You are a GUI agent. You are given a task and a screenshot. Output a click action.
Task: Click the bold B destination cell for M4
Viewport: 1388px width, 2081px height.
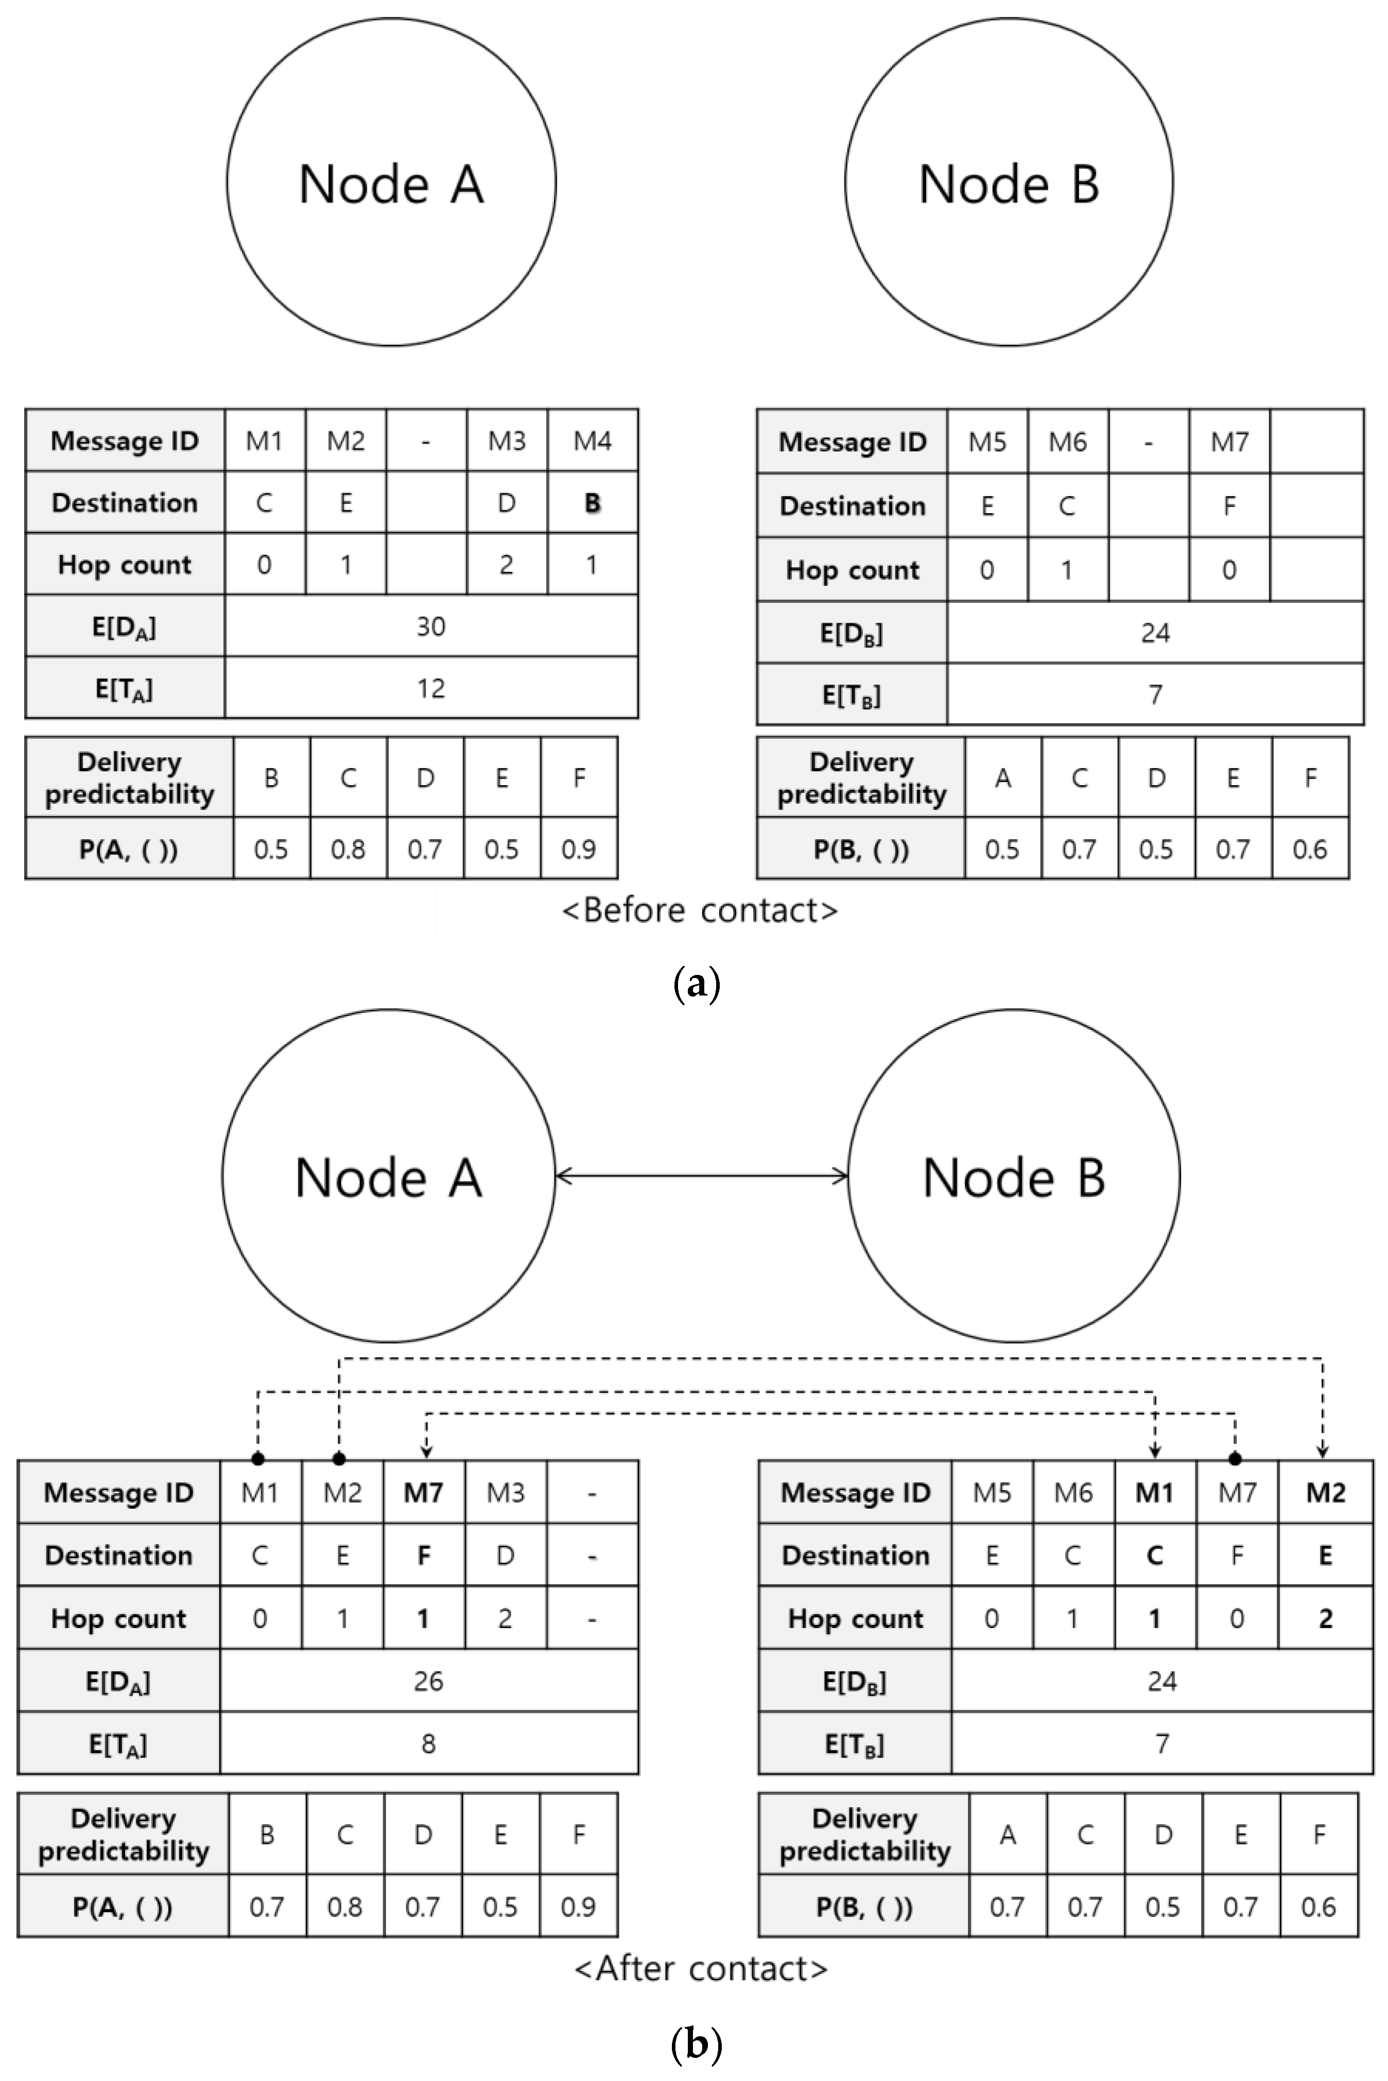[x=592, y=502]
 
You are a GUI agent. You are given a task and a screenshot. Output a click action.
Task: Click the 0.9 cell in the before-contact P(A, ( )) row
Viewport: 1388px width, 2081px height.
[x=578, y=849]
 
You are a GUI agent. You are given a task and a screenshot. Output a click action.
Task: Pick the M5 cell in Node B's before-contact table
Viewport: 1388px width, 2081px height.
[x=987, y=442]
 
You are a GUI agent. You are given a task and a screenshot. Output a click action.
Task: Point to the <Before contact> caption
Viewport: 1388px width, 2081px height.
[x=699, y=911]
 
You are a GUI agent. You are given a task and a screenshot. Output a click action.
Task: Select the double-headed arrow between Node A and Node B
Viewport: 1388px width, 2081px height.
[x=702, y=1176]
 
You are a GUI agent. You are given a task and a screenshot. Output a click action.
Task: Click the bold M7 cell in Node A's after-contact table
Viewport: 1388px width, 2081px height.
[x=423, y=1493]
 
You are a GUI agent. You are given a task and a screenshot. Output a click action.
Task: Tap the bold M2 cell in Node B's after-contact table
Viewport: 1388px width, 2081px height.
[x=1325, y=1493]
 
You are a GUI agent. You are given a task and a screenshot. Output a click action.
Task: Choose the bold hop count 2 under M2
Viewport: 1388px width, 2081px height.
[x=1325, y=1618]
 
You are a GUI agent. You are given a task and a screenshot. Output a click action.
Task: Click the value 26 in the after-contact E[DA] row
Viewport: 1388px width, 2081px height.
[x=429, y=1681]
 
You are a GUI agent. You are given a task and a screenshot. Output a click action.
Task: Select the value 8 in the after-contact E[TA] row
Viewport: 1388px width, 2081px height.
[x=429, y=1744]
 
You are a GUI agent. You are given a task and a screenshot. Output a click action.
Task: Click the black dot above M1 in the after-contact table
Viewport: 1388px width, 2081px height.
[x=258, y=1458]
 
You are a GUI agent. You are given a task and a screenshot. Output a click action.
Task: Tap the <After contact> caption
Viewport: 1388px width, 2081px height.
[x=701, y=1968]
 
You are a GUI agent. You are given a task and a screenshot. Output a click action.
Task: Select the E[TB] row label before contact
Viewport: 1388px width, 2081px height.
[x=851, y=695]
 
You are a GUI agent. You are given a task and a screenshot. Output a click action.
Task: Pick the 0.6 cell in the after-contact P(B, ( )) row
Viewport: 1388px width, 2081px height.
[x=1318, y=1907]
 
